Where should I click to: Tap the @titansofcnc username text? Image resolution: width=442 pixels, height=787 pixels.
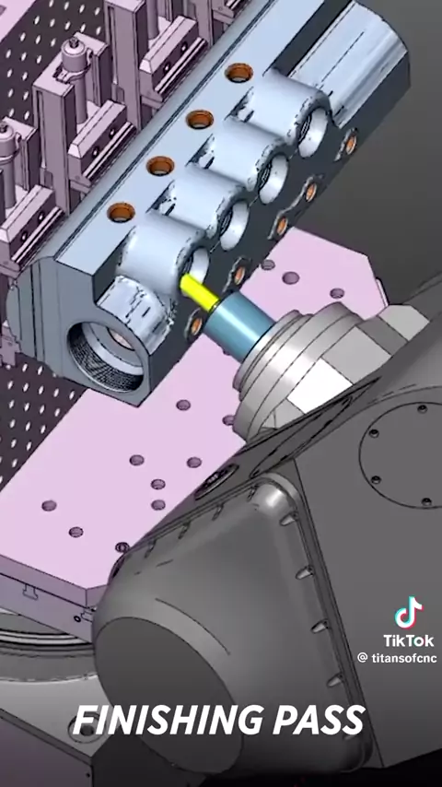[397, 658]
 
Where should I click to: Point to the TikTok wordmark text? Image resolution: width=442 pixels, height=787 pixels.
[408, 640]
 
